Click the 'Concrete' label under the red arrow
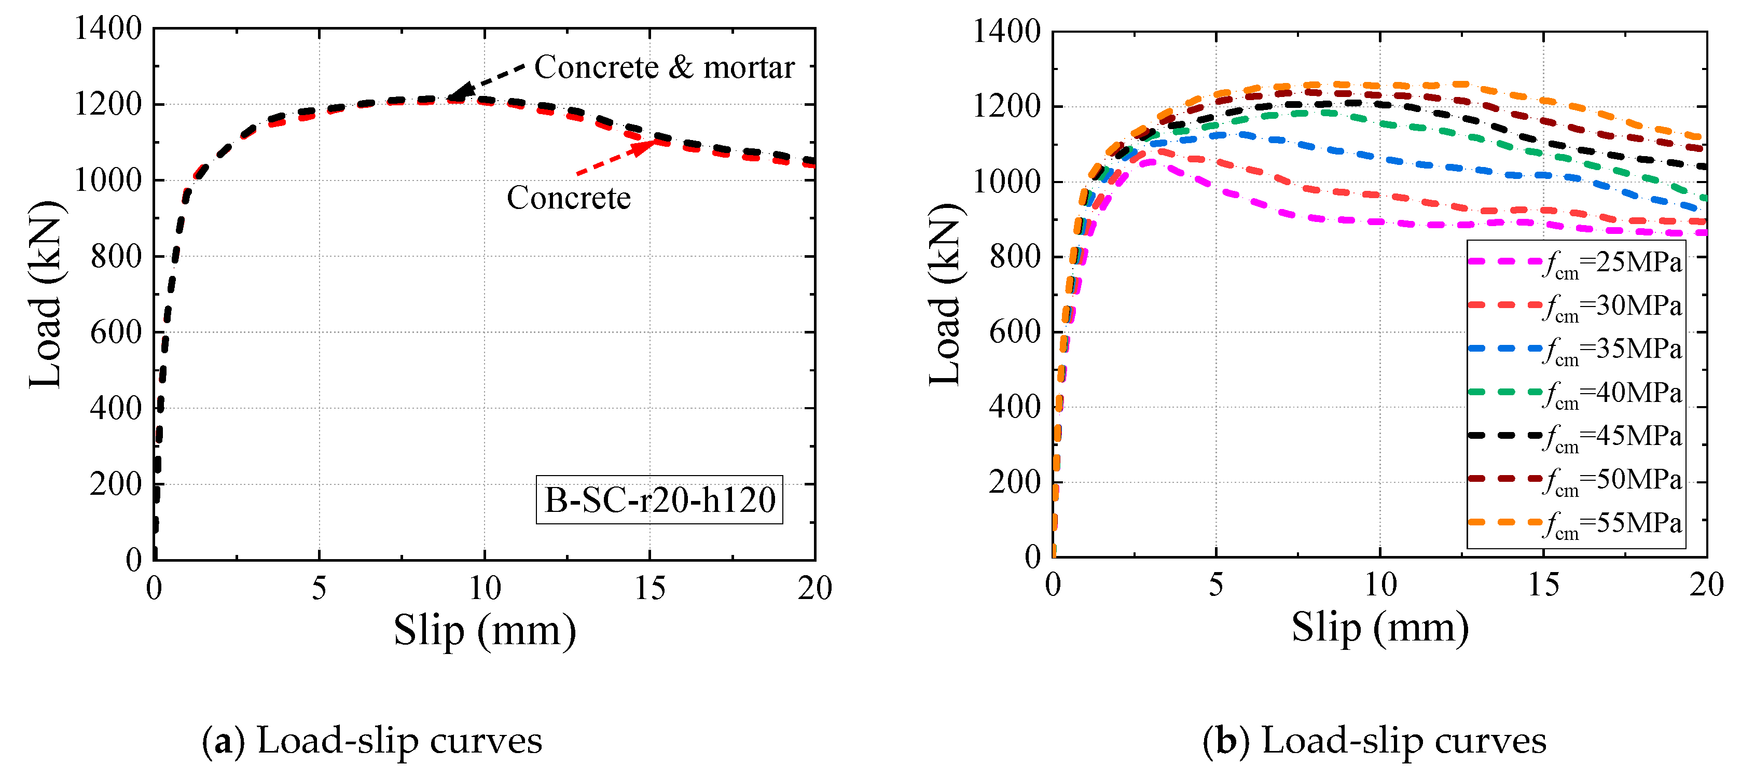pos(569,198)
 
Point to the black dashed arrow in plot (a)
pos(487,82)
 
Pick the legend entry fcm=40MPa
pos(1575,393)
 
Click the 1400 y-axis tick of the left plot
pos(108,29)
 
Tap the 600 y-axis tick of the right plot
pos(1014,332)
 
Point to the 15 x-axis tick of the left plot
pos(650,589)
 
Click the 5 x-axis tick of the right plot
pos(1216,585)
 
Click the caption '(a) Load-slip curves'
pos(372,741)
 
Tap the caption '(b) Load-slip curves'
pos(1374,741)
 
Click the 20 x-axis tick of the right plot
pos(1706,585)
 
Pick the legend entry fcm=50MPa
pos(1575,480)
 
